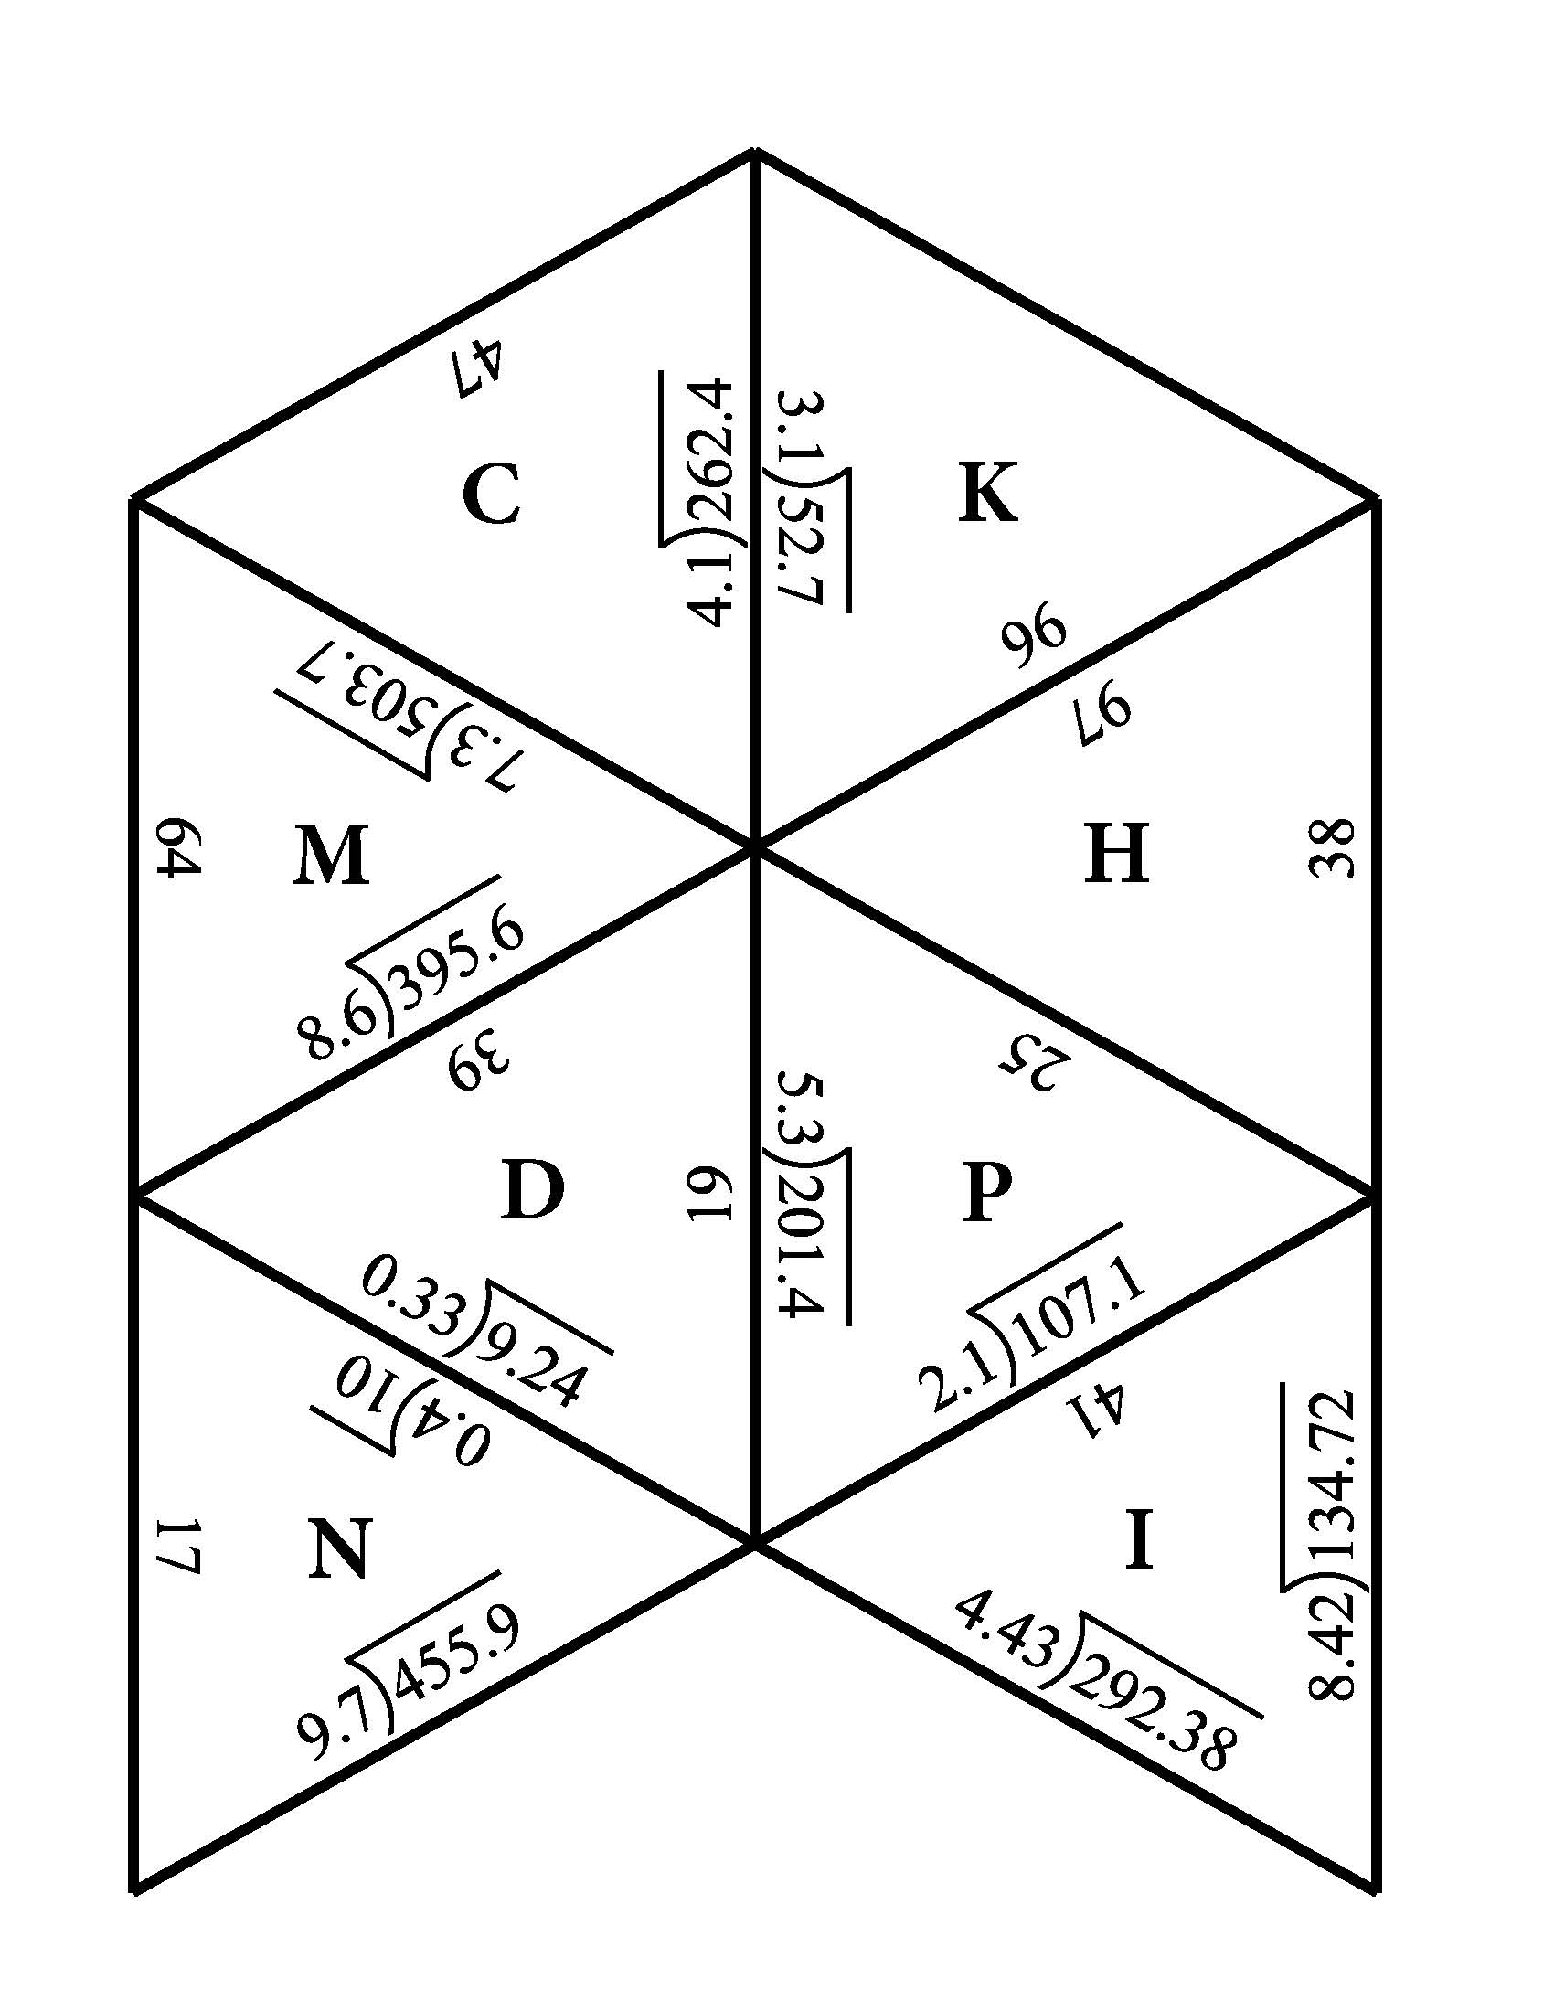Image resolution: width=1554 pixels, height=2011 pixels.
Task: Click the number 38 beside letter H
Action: [x=1330, y=848]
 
